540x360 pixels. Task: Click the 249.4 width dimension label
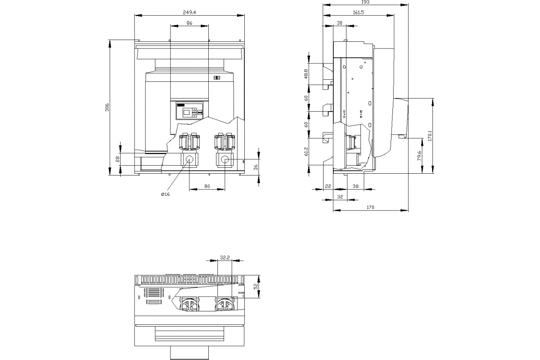pyautogui.click(x=189, y=13)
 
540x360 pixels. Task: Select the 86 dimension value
pyautogui.click(x=189, y=23)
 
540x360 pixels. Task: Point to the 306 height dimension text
pyautogui.click(x=107, y=107)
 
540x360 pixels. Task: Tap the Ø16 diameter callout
pyautogui.click(x=166, y=194)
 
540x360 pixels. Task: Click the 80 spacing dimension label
pyautogui.click(x=207, y=186)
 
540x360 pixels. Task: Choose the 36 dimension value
pyautogui.click(x=256, y=167)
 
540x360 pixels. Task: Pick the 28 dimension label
pyautogui.click(x=117, y=159)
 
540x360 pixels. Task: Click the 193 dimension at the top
pyautogui.click(x=366, y=2)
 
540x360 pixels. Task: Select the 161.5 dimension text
pyautogui.click(x=359, y=13)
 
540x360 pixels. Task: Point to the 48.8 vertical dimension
pyautogui.click(x=306, y=74)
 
